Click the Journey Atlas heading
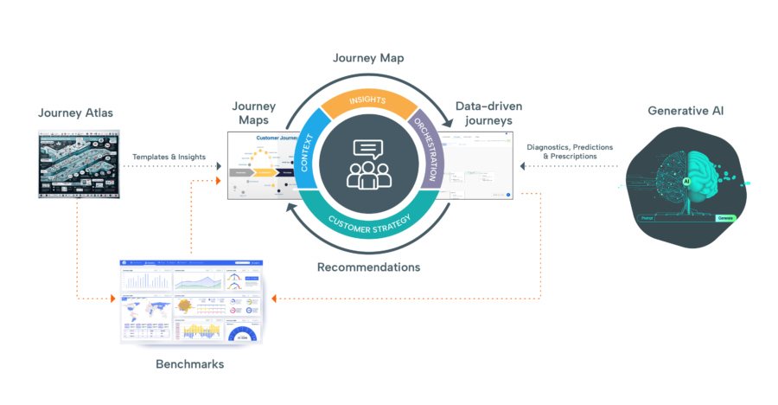point(75,113)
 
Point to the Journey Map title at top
point(369,58)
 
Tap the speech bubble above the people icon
point(368,150)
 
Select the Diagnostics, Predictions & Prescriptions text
point(570,151)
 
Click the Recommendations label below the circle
point(368,267)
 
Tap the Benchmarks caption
point(189,364)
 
